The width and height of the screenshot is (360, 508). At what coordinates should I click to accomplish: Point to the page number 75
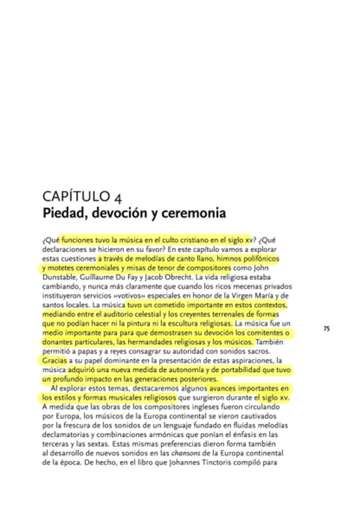coord(326,328)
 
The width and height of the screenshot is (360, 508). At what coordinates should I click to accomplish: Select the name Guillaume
coord(107,278)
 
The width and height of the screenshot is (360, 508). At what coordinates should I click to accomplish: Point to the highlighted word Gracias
coord(55,361)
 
